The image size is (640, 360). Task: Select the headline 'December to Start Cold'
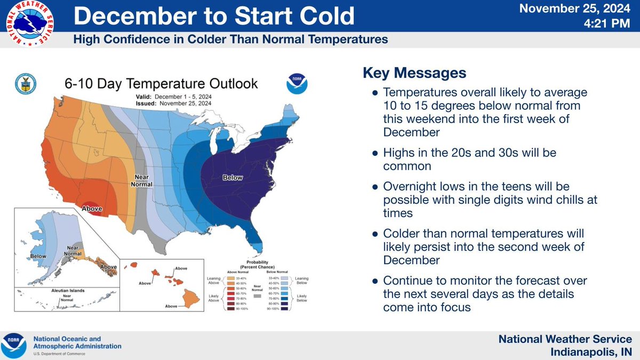[x=213, y=17]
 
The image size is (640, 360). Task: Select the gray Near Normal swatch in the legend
[x=258, y=294]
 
